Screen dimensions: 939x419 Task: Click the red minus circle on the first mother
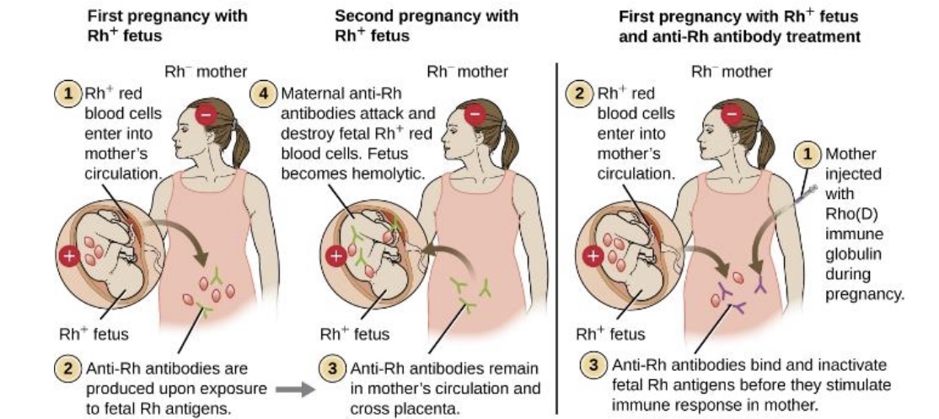206,114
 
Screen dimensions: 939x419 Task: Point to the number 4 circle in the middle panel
267,92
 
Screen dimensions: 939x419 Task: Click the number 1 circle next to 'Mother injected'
808,153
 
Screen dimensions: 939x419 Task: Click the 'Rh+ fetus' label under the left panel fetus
94,334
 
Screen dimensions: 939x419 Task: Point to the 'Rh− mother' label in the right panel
731,72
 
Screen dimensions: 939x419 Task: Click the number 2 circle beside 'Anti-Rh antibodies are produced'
67,369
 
